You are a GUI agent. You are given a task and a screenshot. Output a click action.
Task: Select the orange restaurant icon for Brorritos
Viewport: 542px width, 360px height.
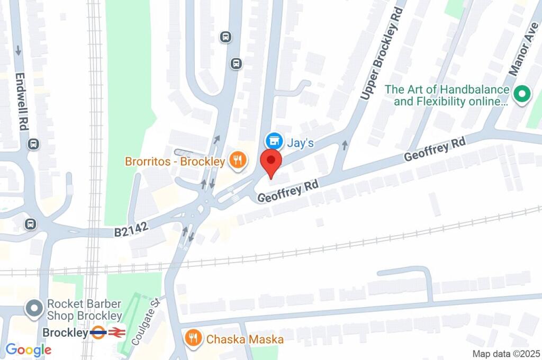pyautogui.click(x=238, y=160)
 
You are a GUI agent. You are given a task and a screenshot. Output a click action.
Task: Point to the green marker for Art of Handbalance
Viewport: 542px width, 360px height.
pyautogui.click(x=521, y=95)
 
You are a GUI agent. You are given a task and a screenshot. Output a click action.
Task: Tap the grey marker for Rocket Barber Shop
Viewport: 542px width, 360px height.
pyautogui.click(x=35, y=309)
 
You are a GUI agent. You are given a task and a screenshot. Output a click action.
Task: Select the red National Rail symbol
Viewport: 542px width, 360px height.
pyautogui.click(x=116, y=333)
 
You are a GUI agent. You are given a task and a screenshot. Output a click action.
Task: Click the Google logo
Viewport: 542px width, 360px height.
pyautogui.click(x=29, y=349)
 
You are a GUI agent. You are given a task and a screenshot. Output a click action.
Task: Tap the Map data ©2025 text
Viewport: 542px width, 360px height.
pyautogui.click(x=506, y=354)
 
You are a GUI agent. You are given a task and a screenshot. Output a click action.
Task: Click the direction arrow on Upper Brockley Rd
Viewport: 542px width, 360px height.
pyautogui.click(x=345, y=144)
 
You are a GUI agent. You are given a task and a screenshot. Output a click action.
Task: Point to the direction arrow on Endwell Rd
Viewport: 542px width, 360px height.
pyautogui.click(x=19, y=51)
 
